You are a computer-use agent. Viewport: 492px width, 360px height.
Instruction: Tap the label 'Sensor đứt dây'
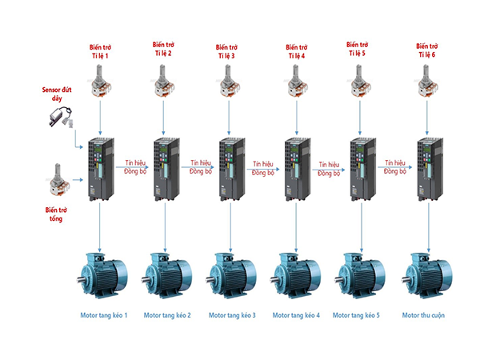[57, 94]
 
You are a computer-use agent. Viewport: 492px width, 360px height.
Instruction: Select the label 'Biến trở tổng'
[56, 214]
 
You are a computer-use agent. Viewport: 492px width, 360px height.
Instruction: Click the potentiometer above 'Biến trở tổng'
[59, 180]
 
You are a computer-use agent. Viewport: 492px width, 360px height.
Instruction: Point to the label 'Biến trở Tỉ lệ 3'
[226, 51]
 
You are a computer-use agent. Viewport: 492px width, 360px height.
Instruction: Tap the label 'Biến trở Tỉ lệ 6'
[427, 50]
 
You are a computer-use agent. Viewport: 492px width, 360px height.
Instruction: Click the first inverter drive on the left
[101, 169]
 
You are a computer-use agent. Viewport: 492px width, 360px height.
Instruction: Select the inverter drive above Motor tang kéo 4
[298, 169]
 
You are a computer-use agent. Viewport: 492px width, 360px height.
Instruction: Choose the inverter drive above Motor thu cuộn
[430, 169]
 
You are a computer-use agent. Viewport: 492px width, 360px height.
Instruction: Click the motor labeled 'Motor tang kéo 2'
[166, 275]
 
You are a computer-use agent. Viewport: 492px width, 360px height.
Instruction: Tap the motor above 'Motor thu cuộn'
[427, 275]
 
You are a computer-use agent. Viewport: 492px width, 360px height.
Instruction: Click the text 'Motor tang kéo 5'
[356, 315]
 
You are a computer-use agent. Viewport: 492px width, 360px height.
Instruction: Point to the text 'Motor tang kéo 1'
[104, 315]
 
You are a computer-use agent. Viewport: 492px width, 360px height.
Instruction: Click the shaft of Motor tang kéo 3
[210, 279]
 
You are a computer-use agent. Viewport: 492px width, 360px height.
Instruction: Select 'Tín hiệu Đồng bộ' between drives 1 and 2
[135, 167]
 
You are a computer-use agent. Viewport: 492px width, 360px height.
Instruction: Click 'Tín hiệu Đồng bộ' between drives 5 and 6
[395, 167]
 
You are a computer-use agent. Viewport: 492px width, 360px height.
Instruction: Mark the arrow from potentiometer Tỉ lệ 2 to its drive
[163, 118]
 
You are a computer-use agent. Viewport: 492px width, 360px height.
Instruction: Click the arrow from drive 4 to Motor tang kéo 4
[296, 227]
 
